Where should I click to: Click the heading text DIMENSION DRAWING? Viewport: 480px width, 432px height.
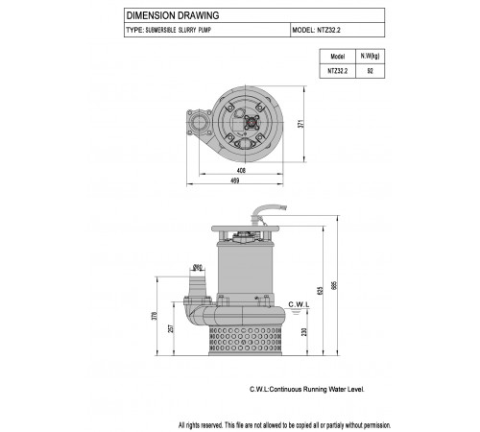173,15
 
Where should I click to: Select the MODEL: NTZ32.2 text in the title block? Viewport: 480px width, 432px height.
316,30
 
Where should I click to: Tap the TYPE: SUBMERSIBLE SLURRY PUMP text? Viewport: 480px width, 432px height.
169,30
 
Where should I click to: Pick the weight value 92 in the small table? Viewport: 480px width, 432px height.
371,71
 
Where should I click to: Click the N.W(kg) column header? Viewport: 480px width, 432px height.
371,56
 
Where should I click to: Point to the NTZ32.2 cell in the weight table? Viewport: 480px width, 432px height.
338,71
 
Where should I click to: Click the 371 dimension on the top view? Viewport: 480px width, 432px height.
300,124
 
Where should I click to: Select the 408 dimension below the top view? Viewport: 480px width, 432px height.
241,171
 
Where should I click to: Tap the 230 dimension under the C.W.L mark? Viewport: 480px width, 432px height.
304,332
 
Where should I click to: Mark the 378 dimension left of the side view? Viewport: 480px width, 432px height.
155,316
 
